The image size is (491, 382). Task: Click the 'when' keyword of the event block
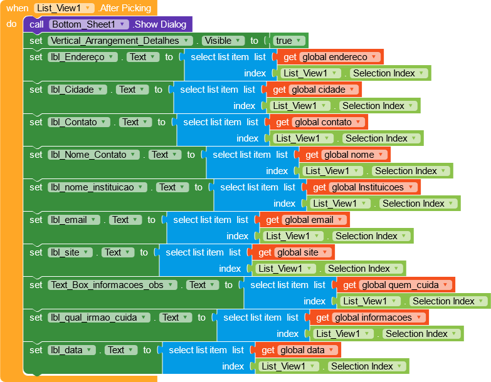pyautogui.click(x=17, y=8)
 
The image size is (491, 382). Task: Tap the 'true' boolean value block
pyautogui.click(x=288, y=41)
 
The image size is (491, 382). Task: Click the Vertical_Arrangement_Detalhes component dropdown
pyautogui.click(x=122, y=41)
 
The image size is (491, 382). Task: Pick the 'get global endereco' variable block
pyautogui.click(x=290, y=57)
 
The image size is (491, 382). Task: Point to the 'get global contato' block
pyautogui.click(x=282, y=122)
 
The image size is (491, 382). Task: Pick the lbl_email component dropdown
pyautogui.click(x=74, y=220)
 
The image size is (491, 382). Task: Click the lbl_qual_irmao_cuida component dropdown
pyautogui.click(x=100, y=317)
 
